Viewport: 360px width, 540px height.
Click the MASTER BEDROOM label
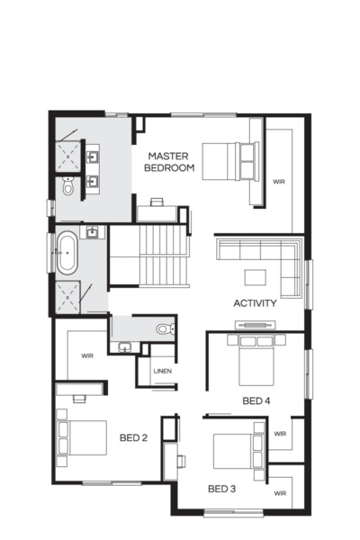[170, 162]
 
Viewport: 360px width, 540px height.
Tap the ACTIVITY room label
[255, 303]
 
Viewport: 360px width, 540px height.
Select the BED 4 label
[256, 400]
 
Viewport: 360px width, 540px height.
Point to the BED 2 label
[133, 438]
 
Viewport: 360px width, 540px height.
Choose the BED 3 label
[221, 490]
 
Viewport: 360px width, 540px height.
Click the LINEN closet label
[162, 371]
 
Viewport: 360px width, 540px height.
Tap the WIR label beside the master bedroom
[279, 182]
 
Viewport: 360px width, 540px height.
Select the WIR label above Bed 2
[86, 355]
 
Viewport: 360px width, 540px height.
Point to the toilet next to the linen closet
[163, 329]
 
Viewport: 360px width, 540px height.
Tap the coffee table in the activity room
[256, 276]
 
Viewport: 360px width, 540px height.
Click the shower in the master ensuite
[68, 155]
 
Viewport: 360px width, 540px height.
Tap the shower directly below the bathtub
[68, 293]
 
